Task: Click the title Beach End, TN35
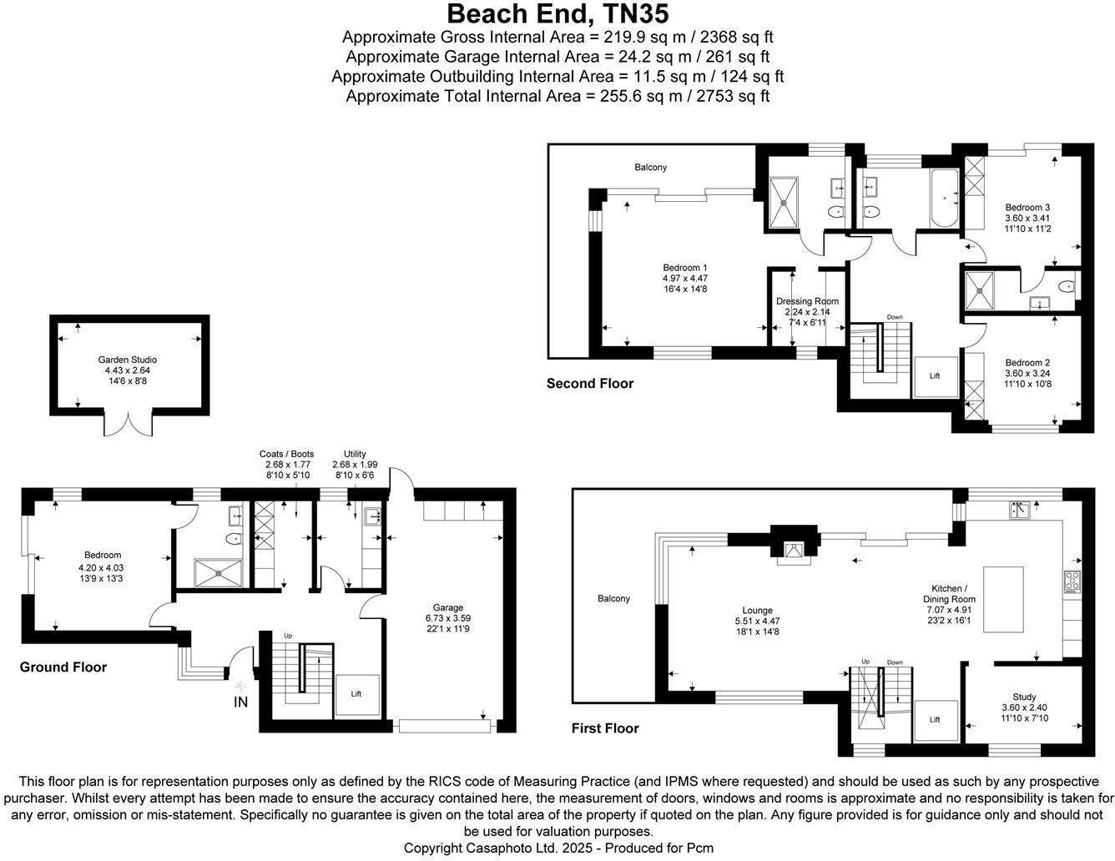[x=557, y=14]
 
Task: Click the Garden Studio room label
[x=127, y=360]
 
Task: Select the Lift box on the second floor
[x=935, y=376]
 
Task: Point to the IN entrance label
[x=240, y=702]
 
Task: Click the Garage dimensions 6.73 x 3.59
[x=448, y=618]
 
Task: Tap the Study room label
[x=1024, y=697]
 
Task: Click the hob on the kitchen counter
[x=1072, y=580]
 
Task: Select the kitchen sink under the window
[x=1020, y=508]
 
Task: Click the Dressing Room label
[x=807, y=301]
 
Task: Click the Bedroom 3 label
[x=1027, y=207]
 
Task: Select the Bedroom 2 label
[x=1027, y=362]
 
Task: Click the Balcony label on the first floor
[x=613, y=598]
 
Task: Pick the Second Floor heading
[x=589, y=384]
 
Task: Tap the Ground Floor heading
[x=63, y=667]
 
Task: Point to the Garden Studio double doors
[x=132, y=423]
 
